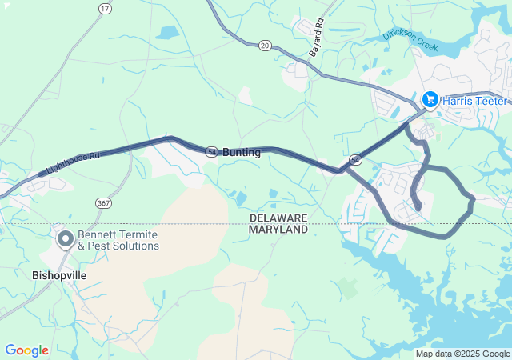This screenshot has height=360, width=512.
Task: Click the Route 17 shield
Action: pos(105,9)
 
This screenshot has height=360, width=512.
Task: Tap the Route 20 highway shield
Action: pos(265,46)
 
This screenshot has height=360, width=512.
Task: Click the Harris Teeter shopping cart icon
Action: pos(430,98)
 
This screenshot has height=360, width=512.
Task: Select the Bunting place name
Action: pos(242,152)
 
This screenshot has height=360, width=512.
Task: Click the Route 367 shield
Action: pos(103,203)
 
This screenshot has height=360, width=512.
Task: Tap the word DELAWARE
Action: pos(278,218)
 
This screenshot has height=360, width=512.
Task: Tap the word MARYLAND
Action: pos(278,230)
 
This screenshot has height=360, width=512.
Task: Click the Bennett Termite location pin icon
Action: pos(65,238)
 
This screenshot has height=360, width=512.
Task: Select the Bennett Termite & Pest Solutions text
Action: pos(118,240)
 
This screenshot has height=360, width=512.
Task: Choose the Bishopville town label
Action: pos(59,274)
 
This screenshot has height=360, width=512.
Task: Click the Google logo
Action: pos(26,350)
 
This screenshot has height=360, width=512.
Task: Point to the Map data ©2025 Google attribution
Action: pos(462,354)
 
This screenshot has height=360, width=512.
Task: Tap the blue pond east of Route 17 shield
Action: pos(168,33)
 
